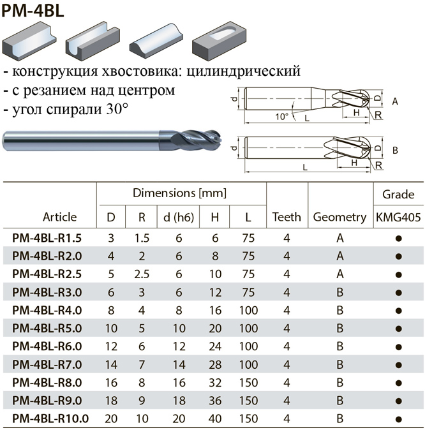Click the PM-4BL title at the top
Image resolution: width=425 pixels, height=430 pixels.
(33, 11)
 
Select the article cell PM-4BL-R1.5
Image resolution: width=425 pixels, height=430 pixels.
(47, 238)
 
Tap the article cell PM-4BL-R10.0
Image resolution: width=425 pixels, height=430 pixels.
(50, 419)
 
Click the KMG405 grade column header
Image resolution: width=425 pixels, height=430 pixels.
(398, 217)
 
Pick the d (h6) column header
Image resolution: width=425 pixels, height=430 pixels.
(179, 218)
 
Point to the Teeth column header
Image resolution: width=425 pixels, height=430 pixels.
(287, 217)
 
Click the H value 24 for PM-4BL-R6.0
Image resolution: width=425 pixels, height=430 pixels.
(215, 346)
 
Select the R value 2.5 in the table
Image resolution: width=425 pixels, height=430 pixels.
(142, 274)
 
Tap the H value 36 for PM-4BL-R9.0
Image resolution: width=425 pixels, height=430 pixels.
(215, 401)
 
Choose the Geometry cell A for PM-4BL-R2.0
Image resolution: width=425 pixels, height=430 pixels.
(340, 256)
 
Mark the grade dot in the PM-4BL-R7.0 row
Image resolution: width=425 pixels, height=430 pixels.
(399, 366)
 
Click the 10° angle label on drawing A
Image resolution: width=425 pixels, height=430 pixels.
(282, 117)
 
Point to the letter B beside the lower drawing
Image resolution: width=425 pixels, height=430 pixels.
(395, 151)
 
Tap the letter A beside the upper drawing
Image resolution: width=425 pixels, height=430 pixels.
(395, 101)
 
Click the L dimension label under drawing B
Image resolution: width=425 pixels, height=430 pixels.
(305, 167)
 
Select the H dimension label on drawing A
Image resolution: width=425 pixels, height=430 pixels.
(356, 112)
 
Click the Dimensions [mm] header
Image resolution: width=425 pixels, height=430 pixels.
(179, 193)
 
